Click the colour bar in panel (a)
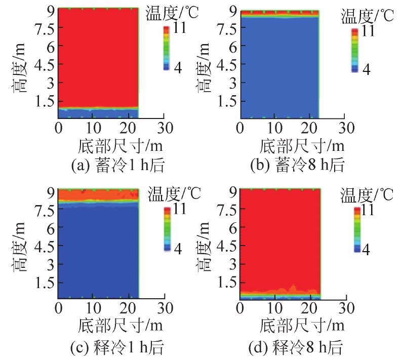click(166, 48)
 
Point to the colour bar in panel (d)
click(357, 229)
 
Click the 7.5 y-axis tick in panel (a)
click(43, 28)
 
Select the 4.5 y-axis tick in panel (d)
click(224, 247)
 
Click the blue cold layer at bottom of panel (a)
click(98, 113)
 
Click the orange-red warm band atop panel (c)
click(98, 195)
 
